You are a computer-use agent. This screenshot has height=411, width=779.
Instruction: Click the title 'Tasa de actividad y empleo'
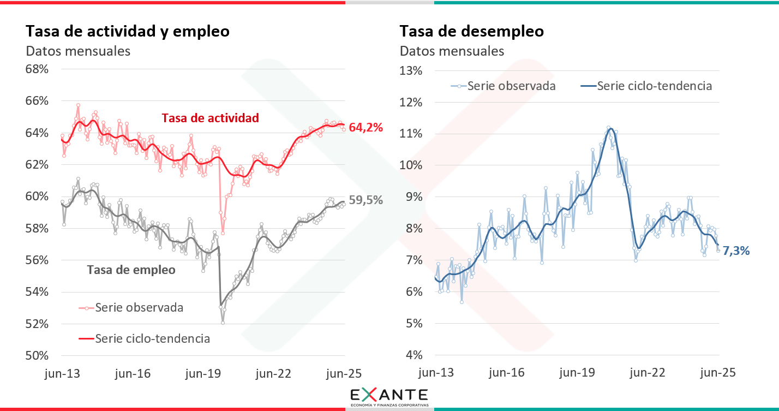(128, 31)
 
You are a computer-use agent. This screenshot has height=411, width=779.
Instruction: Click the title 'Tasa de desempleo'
(471, 31)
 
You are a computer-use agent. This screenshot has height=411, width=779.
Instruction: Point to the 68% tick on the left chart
(38, 69)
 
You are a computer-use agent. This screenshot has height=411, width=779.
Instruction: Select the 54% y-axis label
(38, 292)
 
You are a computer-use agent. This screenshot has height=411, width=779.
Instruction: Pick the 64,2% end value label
(365, 128)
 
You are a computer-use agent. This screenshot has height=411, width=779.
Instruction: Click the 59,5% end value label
(365, 200)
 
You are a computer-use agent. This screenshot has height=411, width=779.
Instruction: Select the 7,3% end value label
(736, 251)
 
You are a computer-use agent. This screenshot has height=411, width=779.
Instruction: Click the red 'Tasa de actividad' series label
(210, 118)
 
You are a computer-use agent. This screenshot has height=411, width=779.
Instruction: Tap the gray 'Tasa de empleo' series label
(131, 270)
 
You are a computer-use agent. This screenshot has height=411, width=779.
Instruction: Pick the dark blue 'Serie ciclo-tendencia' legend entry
(654, 86)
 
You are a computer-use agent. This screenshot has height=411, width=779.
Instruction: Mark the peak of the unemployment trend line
(610, 129)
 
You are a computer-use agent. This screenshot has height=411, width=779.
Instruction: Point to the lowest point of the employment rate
(223, 323)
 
